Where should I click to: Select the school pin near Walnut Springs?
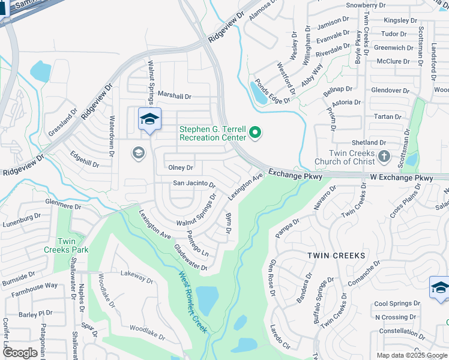[x=149, y=119]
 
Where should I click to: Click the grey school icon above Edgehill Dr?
[x=138, y=153]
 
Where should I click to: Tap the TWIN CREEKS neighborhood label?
[x=336, y=256]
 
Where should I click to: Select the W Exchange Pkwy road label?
[x=401, y=178]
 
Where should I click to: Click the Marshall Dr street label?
[x=175, y=96]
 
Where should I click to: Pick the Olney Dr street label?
[x=181, y=168]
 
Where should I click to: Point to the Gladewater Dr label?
[x=190, y=257]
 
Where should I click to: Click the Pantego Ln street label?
[x=197, y=242]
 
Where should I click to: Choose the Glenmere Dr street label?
[x=63, y=206]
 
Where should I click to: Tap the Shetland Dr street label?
[x=369, y=143]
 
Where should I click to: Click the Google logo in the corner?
[x=20, y=353]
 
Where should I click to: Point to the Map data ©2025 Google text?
[x=411, y=355]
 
